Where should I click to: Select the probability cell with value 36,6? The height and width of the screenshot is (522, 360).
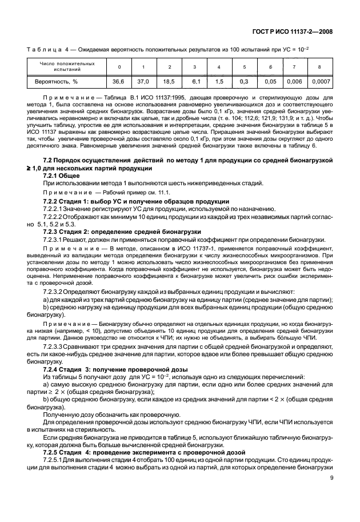pyautogui.click(x=119, y=82)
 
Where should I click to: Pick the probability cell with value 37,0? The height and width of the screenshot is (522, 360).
pyautogui.click(x=143, y=82)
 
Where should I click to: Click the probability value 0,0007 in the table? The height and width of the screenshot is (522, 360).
pyautogui.click(x=321, y=82)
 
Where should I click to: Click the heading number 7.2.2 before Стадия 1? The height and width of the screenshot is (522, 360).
pyautogui.click(x=52, y=202)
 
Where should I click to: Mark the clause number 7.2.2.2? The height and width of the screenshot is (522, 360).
pyautogui.click(x=55, y=217)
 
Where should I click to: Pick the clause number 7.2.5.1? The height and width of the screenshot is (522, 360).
pyautogui.click(x=55, y=460)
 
